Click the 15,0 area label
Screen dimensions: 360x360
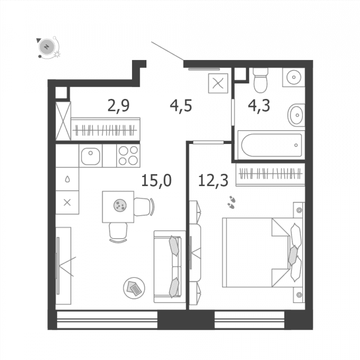[157, 181]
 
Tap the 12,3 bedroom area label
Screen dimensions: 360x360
[213, 181]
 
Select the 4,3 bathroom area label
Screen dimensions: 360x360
[259, 106]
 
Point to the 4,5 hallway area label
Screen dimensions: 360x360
[181, 106]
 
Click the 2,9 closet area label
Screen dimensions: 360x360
[118, 106]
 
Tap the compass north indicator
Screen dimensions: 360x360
[47, 47]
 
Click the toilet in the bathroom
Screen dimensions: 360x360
[260, 80]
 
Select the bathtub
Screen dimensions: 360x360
[272, 145]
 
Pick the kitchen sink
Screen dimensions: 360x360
[91, 156]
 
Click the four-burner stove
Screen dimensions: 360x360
[128, 155]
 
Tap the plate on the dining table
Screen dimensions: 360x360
[120, 205]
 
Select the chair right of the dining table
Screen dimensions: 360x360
[144, 207]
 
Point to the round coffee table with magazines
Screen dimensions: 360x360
[134, 288]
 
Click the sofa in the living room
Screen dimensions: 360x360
[169, 267]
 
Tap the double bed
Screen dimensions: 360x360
[262, 253]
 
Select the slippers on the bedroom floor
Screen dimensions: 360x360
[232, 202]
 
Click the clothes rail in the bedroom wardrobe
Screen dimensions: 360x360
[270, 173]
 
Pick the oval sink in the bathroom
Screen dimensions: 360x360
[296, 115]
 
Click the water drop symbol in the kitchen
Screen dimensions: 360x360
[67, 179]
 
